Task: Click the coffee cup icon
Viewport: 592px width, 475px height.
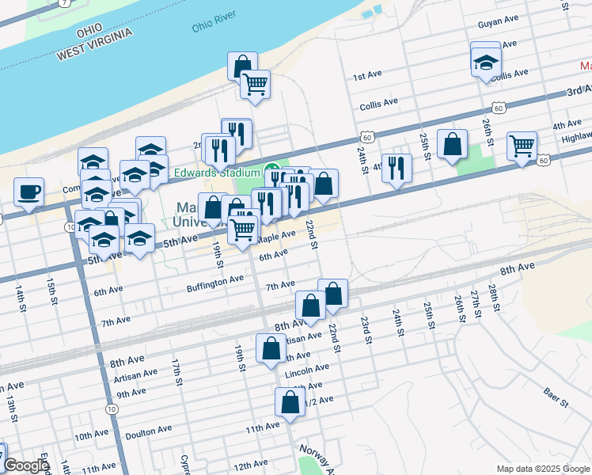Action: (x=29, y=192)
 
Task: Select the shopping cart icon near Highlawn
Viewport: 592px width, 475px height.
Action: (x=522, y=146)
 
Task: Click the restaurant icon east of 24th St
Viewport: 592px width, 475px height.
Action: (x=397, y=169)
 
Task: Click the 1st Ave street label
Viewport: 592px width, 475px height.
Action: (x=367, y=75)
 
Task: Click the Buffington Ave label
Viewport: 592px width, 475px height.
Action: (x=215, y=280)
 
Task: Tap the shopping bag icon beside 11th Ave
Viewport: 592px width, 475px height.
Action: (x=290, y=402)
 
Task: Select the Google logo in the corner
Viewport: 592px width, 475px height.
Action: (x=26, y=465)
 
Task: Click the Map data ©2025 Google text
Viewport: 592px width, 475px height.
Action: (x=542, y=469)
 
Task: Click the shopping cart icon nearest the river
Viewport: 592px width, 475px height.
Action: (x=255, y=84)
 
